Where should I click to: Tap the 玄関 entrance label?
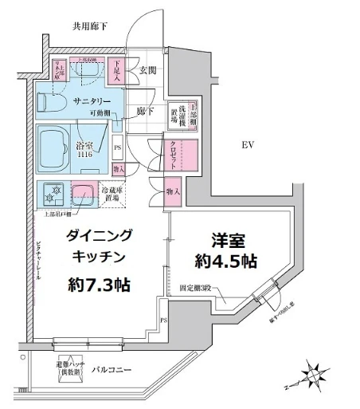point(148,71)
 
